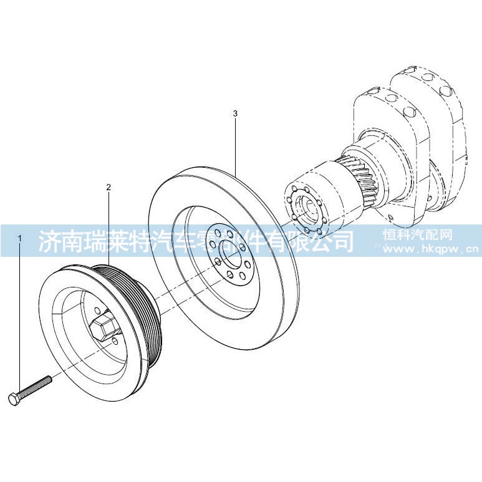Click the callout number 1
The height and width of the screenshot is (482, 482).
20,238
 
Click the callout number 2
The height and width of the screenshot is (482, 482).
108,187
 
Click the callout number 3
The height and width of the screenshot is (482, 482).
235,113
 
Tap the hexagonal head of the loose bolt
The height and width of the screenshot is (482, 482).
14,399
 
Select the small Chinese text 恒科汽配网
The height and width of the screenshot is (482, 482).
418,235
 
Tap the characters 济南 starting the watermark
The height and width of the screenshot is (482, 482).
59,241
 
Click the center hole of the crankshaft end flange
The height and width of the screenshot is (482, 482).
308,211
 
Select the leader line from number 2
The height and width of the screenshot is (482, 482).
108,228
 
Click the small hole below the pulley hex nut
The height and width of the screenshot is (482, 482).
115,340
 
